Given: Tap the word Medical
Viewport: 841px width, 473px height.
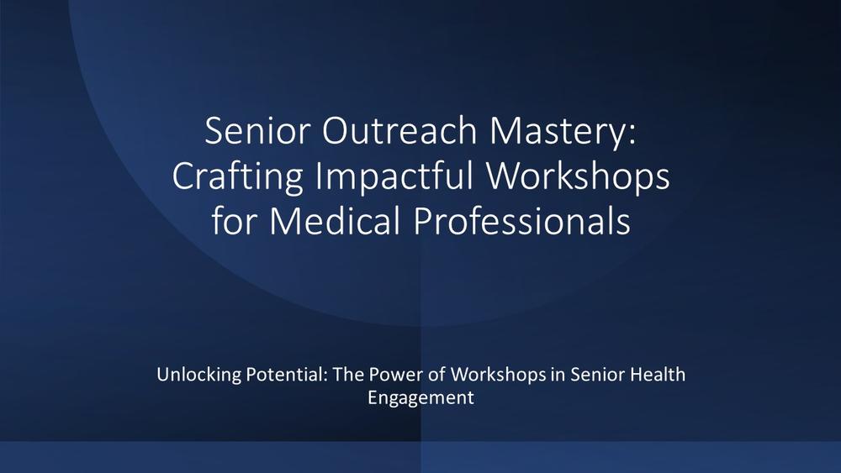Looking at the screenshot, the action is coord(336,220).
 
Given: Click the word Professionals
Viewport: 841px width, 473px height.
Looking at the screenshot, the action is coord(522,220).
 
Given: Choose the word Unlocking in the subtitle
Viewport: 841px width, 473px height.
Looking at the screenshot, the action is coord(199,374).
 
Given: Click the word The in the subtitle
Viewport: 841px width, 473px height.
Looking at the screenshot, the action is coord(349,374).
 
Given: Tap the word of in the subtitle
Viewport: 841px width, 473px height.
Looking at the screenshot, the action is coord(436,374).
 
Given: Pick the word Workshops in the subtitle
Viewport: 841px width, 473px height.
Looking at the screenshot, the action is coord(498,375).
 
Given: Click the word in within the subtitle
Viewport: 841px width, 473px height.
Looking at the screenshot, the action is coord(558,374).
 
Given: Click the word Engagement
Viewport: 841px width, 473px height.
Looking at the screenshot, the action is coord(420,398).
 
